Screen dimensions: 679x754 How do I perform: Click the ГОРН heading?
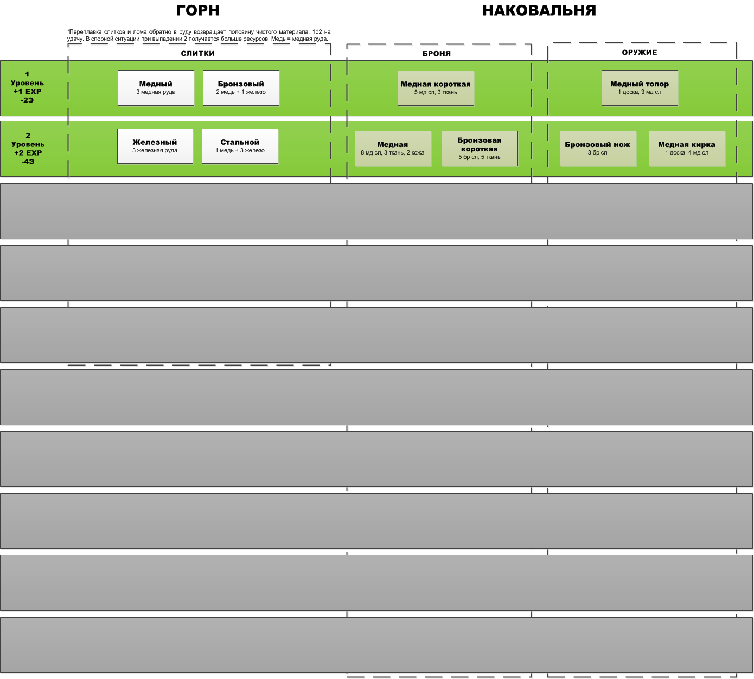(198, 11)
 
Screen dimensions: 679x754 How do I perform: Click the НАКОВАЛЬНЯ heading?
(539, 11)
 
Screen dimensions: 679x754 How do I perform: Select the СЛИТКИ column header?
(198, 53)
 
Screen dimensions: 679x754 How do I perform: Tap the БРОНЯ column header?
(437, 53)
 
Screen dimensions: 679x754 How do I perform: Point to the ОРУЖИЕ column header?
(640, 52)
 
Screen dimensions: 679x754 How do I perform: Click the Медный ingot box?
(156, 88)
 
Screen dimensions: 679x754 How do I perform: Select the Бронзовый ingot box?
(241, 88)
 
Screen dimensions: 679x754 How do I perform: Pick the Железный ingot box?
(155, 146)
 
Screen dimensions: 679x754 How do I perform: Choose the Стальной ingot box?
(240, 146)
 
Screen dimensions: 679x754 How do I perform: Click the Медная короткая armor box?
(436, 88)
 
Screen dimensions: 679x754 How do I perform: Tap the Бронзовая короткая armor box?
(480, 148)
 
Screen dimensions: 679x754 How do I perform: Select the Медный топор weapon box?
(640, 88)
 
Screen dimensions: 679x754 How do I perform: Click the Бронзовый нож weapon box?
(598, 148)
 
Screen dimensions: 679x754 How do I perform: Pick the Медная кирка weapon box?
(687, 148)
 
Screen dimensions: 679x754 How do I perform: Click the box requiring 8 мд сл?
(393, 148)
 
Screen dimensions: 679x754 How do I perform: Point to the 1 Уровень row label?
(27, 87)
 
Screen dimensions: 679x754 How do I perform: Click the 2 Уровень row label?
(28, 149)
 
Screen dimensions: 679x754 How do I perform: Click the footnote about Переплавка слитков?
(199, 35)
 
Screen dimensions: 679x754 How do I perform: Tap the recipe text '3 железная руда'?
(155, 151)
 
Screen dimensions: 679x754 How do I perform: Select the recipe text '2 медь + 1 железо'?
(241, 92)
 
